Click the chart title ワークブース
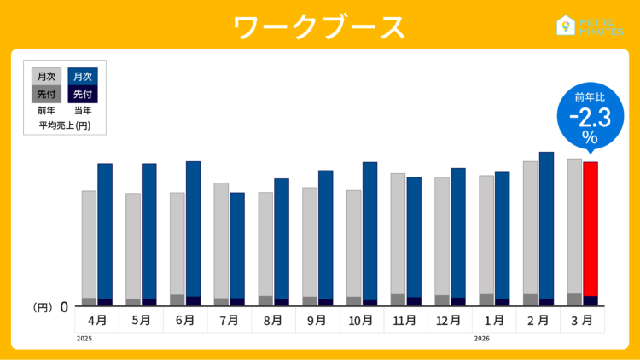click(x=320, y=26)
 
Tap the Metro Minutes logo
click(x=590, y=26)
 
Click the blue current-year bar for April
click(x=105, y=230)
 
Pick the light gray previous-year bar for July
click(x=221, y=240)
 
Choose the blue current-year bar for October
click(x=370, y=230)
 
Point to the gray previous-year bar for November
click(x=398, y=234)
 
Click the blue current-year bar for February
click(x=546, y=225)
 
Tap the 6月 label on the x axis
click(x=186, y=321)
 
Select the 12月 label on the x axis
click(x=451, y=321)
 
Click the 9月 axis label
click(x=318, y=321)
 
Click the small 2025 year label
click(x=84, y=339)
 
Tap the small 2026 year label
click(x=481, y=339)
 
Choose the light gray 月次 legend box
click(x=46, y=77)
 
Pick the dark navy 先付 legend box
click(x=83, y=94)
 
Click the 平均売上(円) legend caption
click(x=65, y=125)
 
